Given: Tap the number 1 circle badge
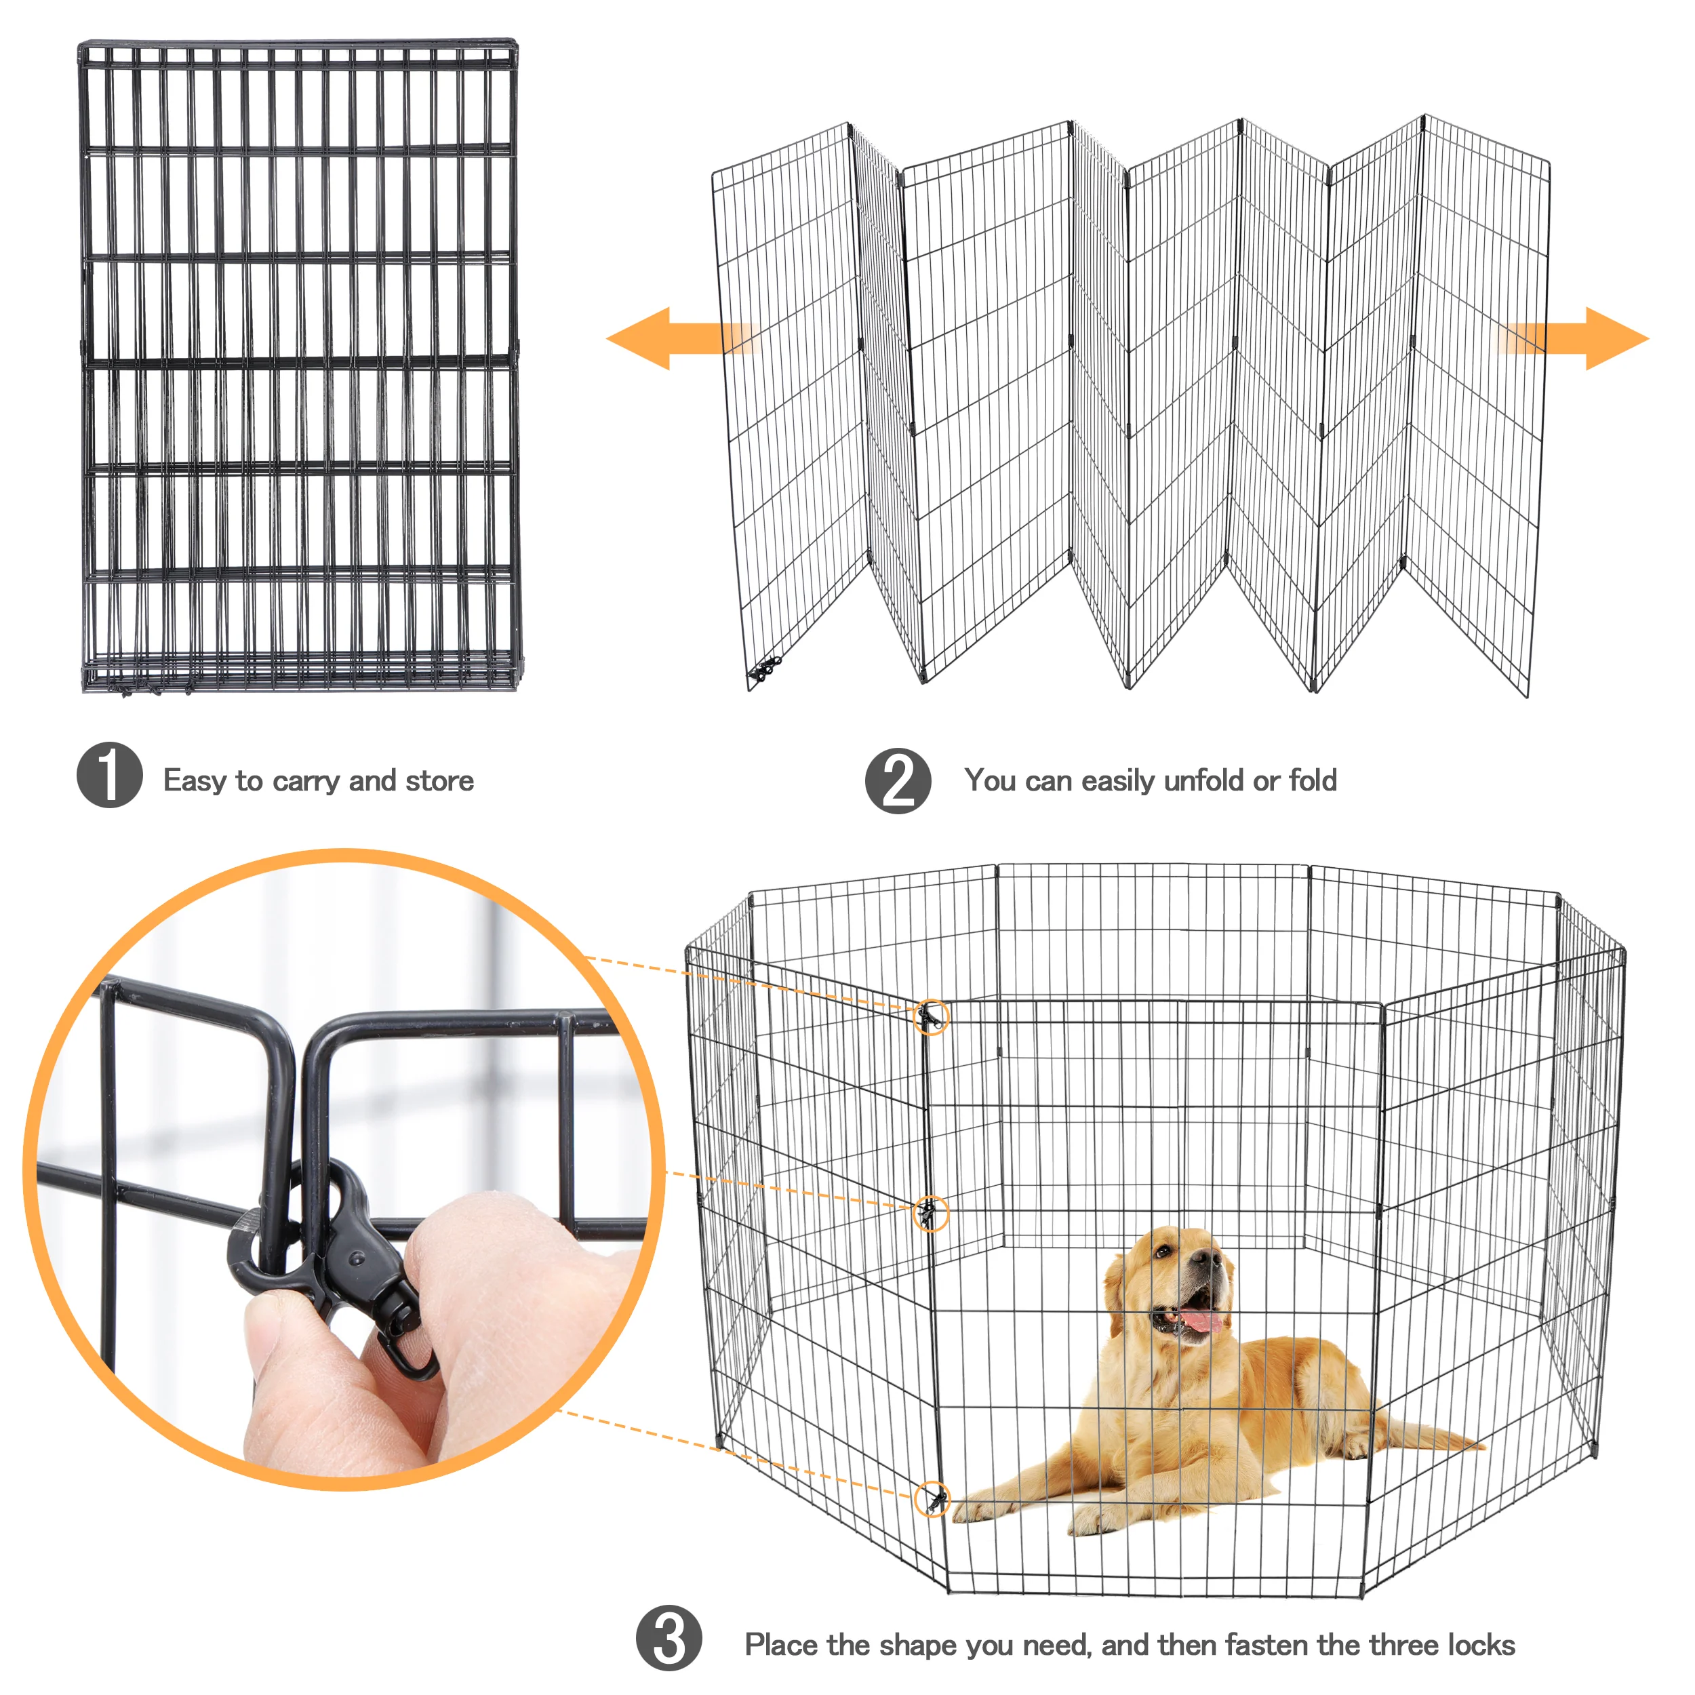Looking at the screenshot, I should pyautogui.click(x=108, y=775).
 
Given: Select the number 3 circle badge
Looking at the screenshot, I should pyautogui.click(x=669, y=1638).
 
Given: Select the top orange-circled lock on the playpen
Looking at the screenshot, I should pyautogui.click(x=931, y=1018).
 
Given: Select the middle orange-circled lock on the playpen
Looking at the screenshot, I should pyautogui.click(x=931, y=1214).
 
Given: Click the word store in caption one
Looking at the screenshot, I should pyautogui.click(x=439, y=781).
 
